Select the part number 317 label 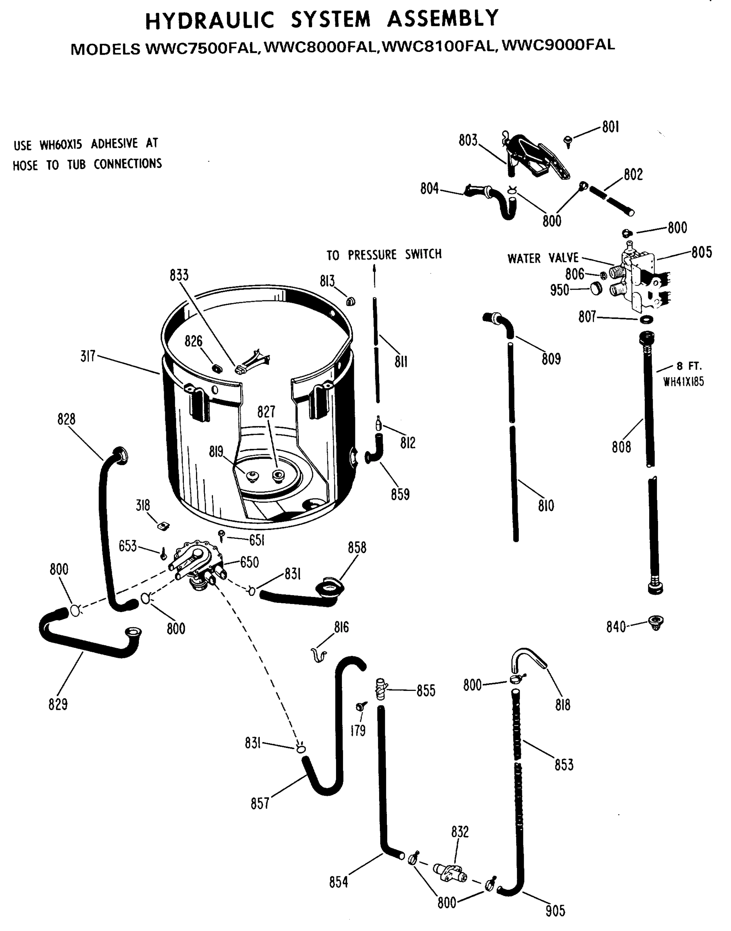click(x=88, y=356)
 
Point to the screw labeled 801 click(x=569, y=141)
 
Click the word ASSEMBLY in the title click(x=443, y=19)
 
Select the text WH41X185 click(x=684, y=382)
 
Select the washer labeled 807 click(x=646, y=319)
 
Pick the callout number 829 click(x=58, y=704)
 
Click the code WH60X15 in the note click(x=61, y=145)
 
